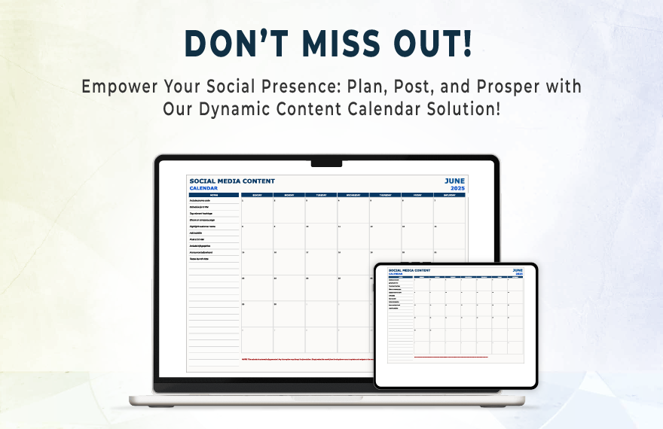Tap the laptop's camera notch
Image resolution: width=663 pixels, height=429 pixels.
click(x=326, y=163)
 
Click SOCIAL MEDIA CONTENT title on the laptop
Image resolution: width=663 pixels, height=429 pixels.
click(x=232, y=181)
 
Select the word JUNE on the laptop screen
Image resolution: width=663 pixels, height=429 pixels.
click(x=454, y=181)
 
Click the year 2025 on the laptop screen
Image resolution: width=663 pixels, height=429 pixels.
click(x=457, y=188)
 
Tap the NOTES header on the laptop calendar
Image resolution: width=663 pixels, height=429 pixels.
click(x=214, y=194)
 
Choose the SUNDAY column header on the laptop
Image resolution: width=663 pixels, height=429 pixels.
click(x=256, y=194)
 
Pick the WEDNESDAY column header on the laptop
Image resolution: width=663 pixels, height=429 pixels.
click(x=353, y=194)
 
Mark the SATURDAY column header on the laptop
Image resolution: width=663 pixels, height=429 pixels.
click(x=449, y=194)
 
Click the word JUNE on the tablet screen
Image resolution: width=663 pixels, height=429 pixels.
click(x=518, y=269)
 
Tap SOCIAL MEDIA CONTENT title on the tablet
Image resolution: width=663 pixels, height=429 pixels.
click(x=409, y=270)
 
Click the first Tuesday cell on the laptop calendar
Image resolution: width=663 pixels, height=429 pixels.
click(x=321, y=211)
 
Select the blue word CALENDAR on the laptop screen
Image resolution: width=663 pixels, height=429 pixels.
click(x=203, y=188)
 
